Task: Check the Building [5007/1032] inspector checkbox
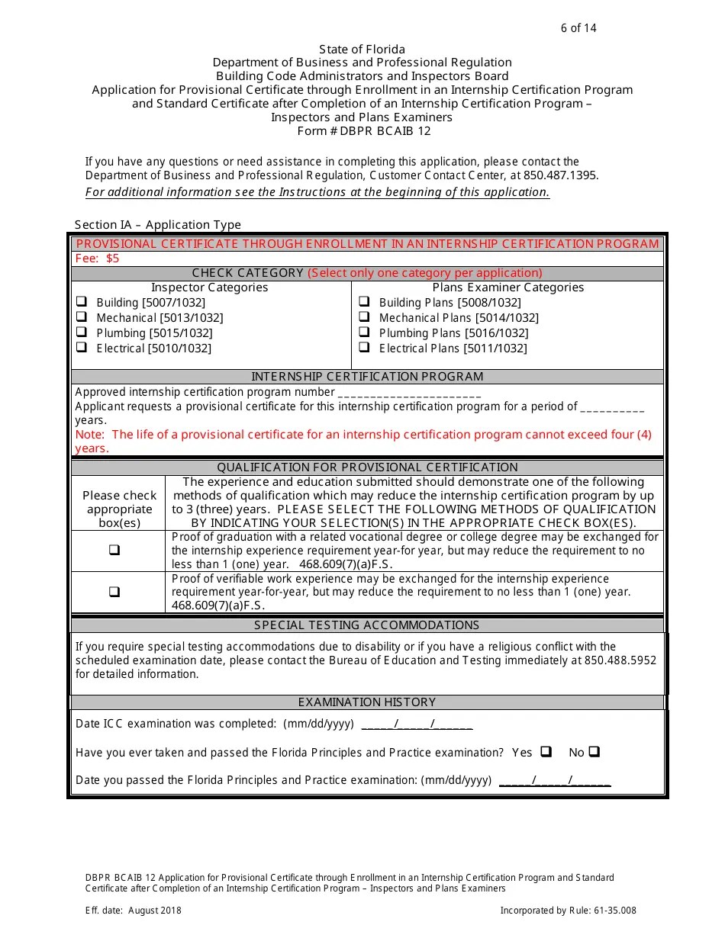click(x=81, y=302)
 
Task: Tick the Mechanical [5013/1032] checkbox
click(x=81, y=317)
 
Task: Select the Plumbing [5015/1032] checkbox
click(x=81, y=332)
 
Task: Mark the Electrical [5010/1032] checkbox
click(x=81, y=348)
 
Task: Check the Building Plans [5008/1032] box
click(x=364, y=302)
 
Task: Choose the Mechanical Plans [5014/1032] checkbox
click(x=364, y=317)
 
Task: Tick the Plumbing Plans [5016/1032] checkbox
click(x=364, y=332)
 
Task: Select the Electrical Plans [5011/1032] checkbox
click(x=364, y=348)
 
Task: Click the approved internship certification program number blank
click(x=409, y=394)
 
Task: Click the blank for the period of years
click(x=612, y=407)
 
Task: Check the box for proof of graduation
click(x=114, y=550)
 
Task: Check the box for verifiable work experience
click(x=114, y=591)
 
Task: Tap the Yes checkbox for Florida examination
click(x=546, y=752)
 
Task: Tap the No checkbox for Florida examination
click(x=594, y=752)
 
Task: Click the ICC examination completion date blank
click(x=417, y=724)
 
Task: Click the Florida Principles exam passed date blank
click(x=555, y=781)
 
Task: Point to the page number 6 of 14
click(x=578, y=28)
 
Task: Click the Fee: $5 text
click(x=98, y=259)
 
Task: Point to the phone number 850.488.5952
click(x=620, y=660)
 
